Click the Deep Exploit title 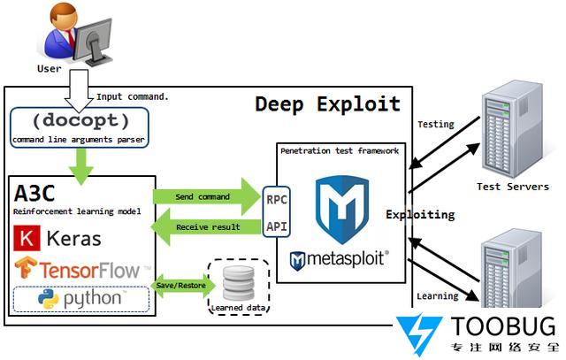coord(327,104)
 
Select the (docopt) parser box coord(80,127)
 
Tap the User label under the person coord(50,68)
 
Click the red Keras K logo coord(27,238)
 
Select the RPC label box coord(277,199)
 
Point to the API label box coord(277,227)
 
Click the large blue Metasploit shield coord(341,205)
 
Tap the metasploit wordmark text coord(348,260)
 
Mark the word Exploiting coord(420,215)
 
